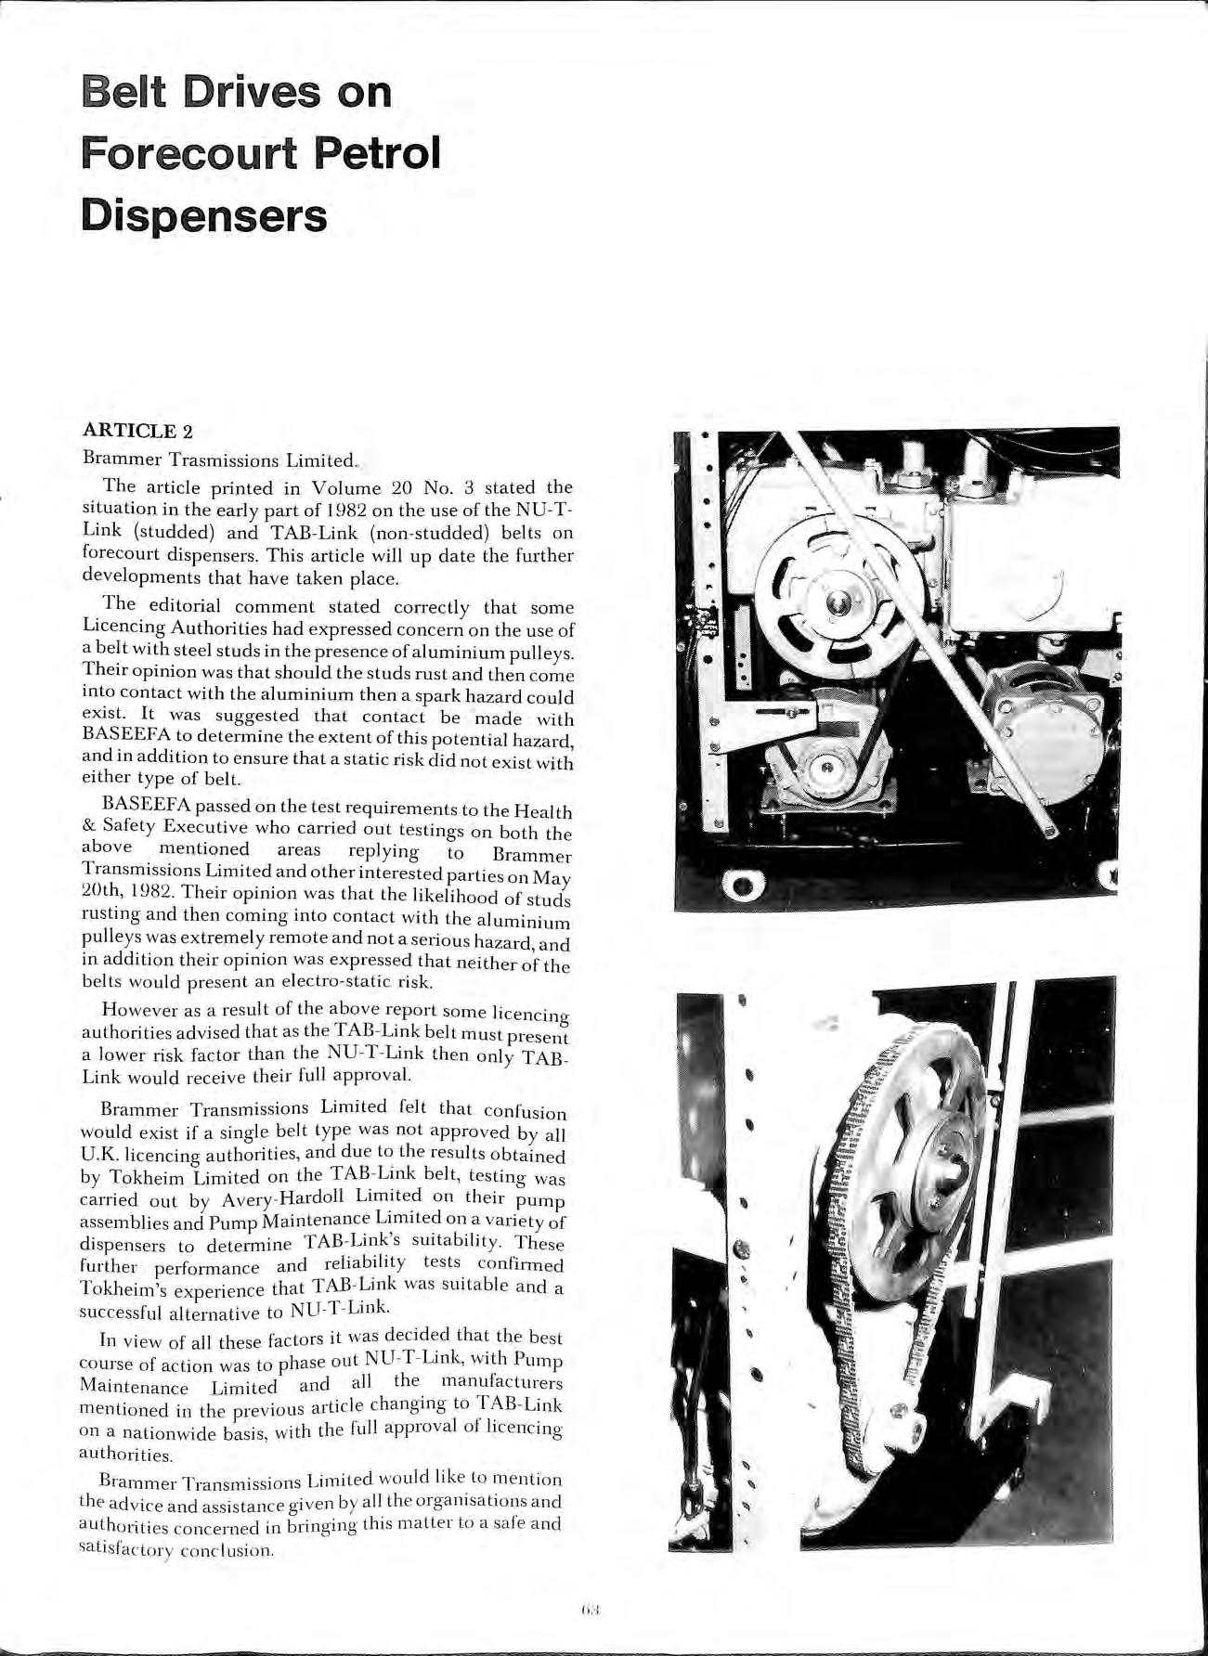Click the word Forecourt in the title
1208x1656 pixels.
point(190,153)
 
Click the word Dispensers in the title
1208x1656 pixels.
point(204,215)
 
